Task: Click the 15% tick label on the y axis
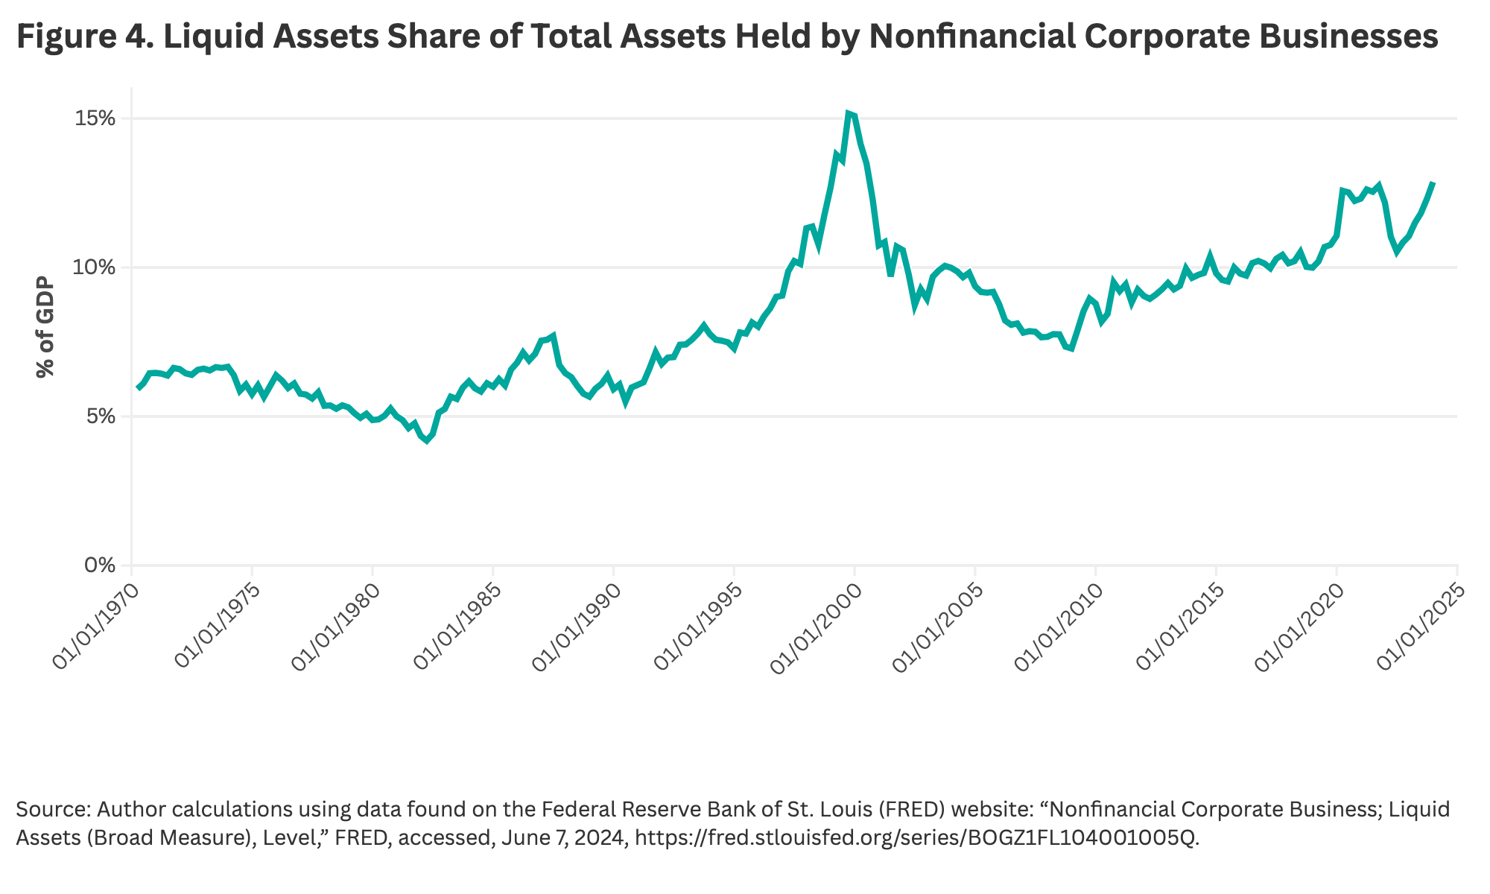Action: [x=95, y=118]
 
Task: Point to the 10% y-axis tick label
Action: [x=95, y=267]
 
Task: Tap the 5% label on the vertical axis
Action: [x=100, y=416]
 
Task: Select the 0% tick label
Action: [x=100, y=565]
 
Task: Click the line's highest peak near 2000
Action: [x=849, y=113]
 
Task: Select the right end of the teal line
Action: [x=1433, y=183]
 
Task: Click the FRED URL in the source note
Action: [x=917, y=838]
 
